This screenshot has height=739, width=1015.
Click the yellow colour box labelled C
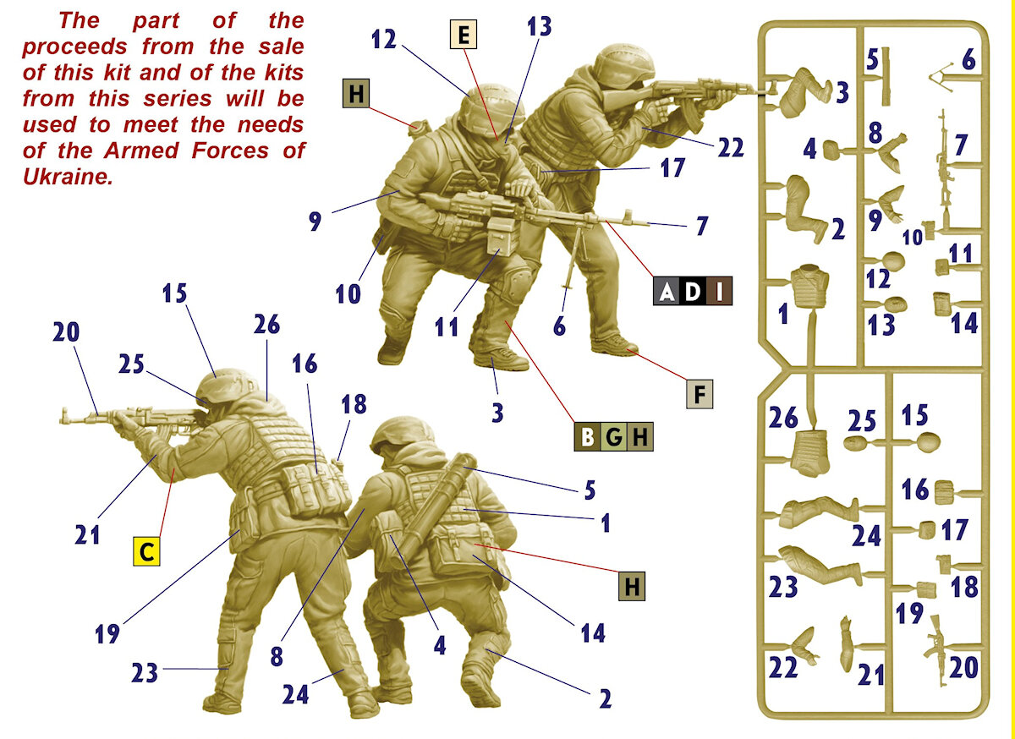(x=146, y=552)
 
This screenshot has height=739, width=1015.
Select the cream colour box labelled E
(x=464, y=34)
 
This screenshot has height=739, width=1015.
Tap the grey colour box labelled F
(x=700, y=394)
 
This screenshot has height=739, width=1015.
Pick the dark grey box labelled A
(x=667, y=291)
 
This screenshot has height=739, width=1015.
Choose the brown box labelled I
(x=719, y=291)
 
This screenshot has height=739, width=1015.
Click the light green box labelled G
(x=613, y=437)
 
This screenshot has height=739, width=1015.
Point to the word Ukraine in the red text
(x=68, y=177)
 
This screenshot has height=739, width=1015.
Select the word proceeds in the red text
(x=74, y=47)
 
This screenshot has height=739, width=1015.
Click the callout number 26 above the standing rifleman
(x=266, y=325)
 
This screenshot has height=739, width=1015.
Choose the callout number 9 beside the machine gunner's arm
(x=315, y=222)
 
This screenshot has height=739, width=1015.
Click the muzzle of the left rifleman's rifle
(x=63, y=415)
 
